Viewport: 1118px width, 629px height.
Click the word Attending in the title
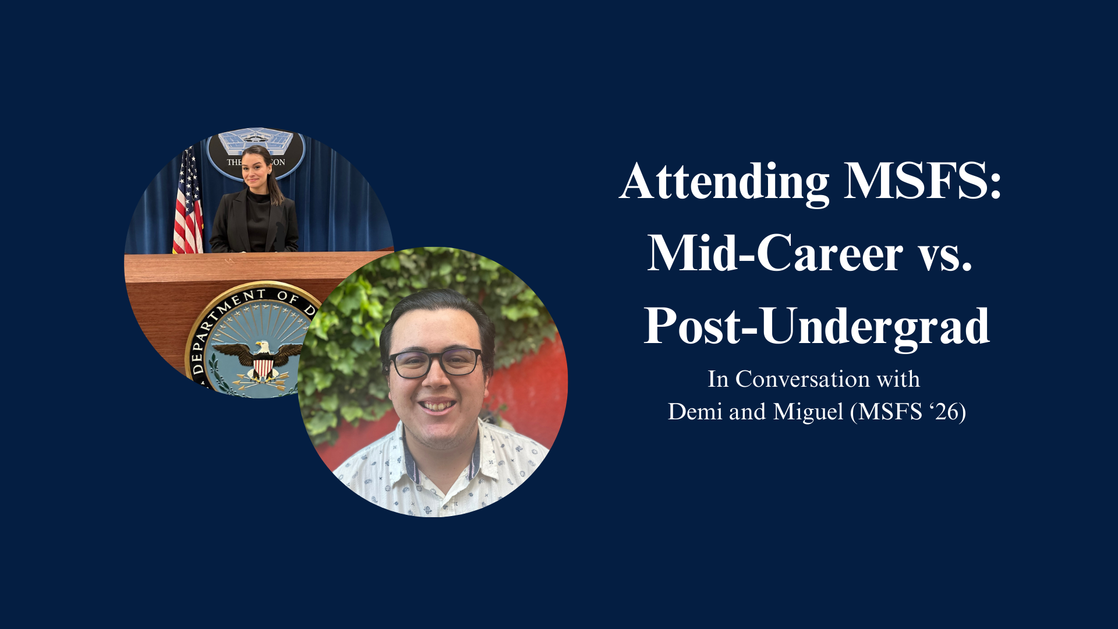724,182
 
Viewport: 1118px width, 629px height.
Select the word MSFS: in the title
923,181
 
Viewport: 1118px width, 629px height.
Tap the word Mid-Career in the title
775,253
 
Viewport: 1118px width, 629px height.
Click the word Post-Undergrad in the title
816,327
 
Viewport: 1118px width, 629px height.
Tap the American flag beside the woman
187,201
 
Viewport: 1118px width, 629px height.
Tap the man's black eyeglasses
436,363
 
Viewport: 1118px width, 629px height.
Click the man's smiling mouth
436,405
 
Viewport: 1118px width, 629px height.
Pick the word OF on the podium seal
288,297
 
